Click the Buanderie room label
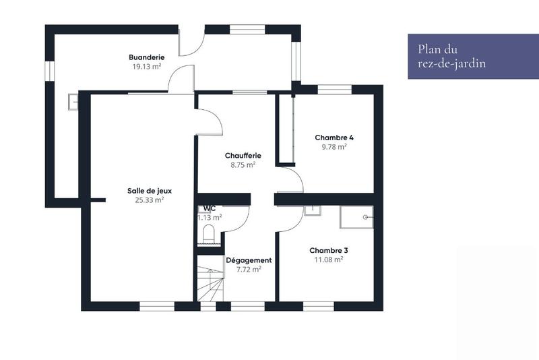tap(147, 57)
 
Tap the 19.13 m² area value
tap(147, 67)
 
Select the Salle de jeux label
tap(145, 190)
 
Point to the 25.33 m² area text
tap(145, 200)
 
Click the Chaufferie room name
tap(243, 155)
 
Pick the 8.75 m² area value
tap(243, 164)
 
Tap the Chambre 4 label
tap(334, 137)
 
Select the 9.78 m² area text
tap(334, 146)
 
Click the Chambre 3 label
tap(329, 249)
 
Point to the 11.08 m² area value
tap(329, 259)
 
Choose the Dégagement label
tap(249, 260)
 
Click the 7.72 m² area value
tap(249, 269)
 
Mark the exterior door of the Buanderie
tap(191, 42)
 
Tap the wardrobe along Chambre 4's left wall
tap(286, 129)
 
